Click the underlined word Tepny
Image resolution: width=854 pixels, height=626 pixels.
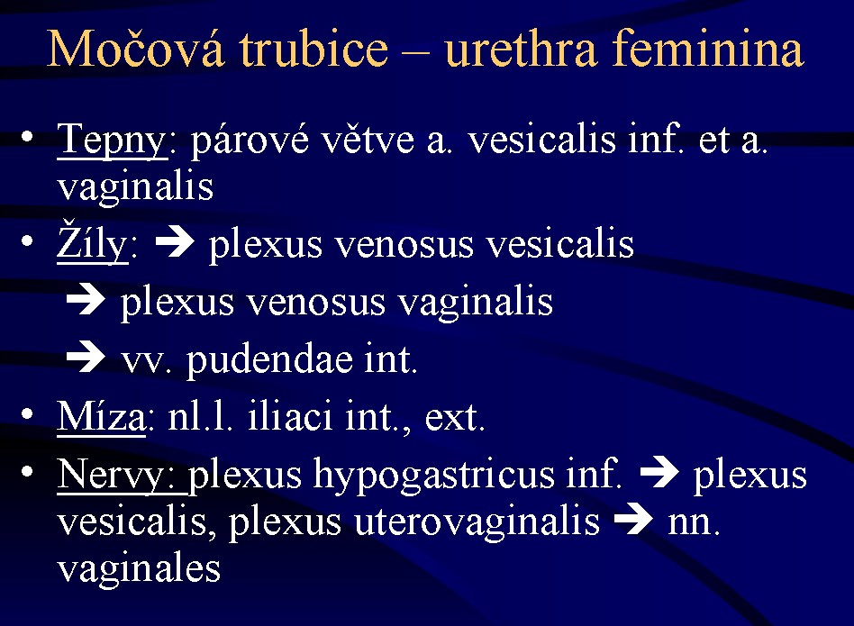[112, 141]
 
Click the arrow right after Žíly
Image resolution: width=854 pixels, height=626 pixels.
[174, 241]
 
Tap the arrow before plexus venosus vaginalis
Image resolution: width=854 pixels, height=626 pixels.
[86, 300]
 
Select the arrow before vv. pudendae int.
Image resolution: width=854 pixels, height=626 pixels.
[86, 357]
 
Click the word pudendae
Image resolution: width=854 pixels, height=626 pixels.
[269, 359]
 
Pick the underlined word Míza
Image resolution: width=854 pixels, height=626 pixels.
[101, 416]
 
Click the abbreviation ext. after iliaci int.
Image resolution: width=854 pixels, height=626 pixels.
[455, 418]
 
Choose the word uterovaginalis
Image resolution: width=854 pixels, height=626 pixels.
[477, 522]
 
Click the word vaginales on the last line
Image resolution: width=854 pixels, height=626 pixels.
[139, 569]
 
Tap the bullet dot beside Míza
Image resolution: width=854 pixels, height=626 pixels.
[27, 414]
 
